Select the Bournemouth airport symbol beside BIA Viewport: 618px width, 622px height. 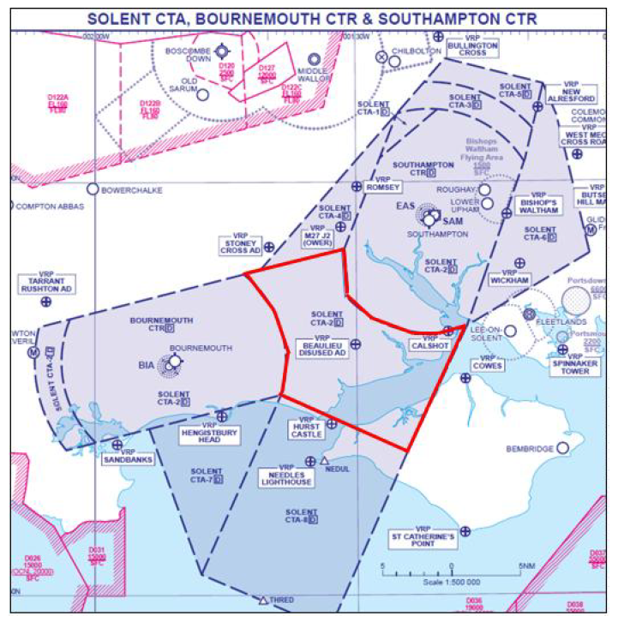[175, 362]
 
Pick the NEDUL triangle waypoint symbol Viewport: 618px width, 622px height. [325, 461]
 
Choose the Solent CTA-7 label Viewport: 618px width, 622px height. [207, 475]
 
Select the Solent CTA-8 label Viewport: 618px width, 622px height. [302, 516]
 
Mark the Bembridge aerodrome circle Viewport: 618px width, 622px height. [563, 447]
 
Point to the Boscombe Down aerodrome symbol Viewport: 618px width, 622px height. [222, 53]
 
